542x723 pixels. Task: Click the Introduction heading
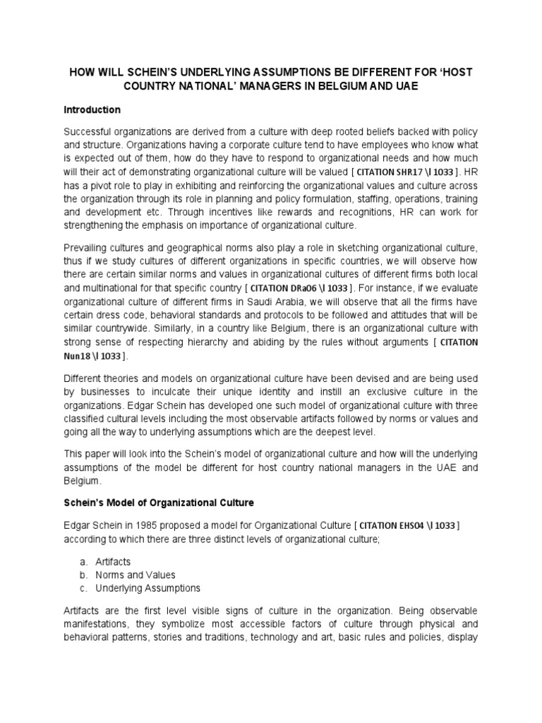point(92,110)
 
